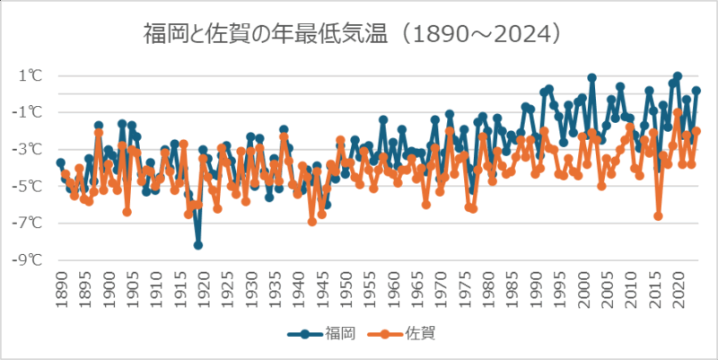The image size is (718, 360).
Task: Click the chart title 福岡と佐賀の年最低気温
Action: (269, 34)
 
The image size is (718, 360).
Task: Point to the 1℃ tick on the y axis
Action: (30, 75)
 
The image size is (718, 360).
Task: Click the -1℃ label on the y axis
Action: (28, 112)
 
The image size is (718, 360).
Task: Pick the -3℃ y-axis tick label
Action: (28, 149)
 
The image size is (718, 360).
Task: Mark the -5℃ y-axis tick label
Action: (28, 186)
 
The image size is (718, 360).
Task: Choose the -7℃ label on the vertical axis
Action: (28, 223)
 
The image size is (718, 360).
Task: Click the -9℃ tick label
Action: (28, 259)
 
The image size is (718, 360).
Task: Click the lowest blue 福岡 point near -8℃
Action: (198, 245)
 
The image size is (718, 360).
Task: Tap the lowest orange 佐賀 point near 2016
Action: (658, 216)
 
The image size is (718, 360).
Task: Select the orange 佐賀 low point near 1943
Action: (312, 221)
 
